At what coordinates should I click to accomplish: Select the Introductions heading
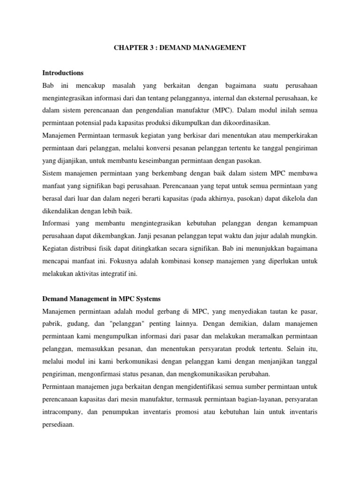pyautogui.click(x=63, y=73)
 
